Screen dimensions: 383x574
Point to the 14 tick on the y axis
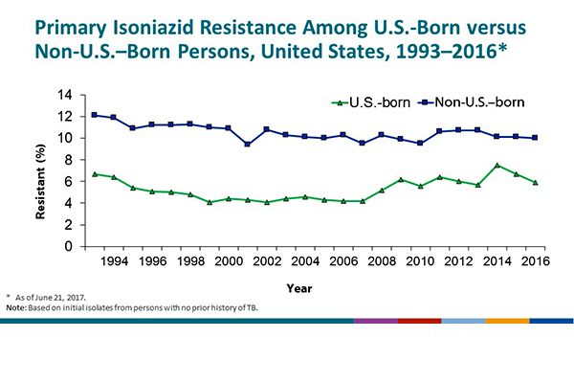click(x=65, y=95)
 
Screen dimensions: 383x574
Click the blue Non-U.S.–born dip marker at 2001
click(x=248, y=145)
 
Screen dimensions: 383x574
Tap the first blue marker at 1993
click(x=95, y=115)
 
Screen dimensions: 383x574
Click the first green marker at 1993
click(x=95, y=174)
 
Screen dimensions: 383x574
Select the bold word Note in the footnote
click(x=16, y=309)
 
